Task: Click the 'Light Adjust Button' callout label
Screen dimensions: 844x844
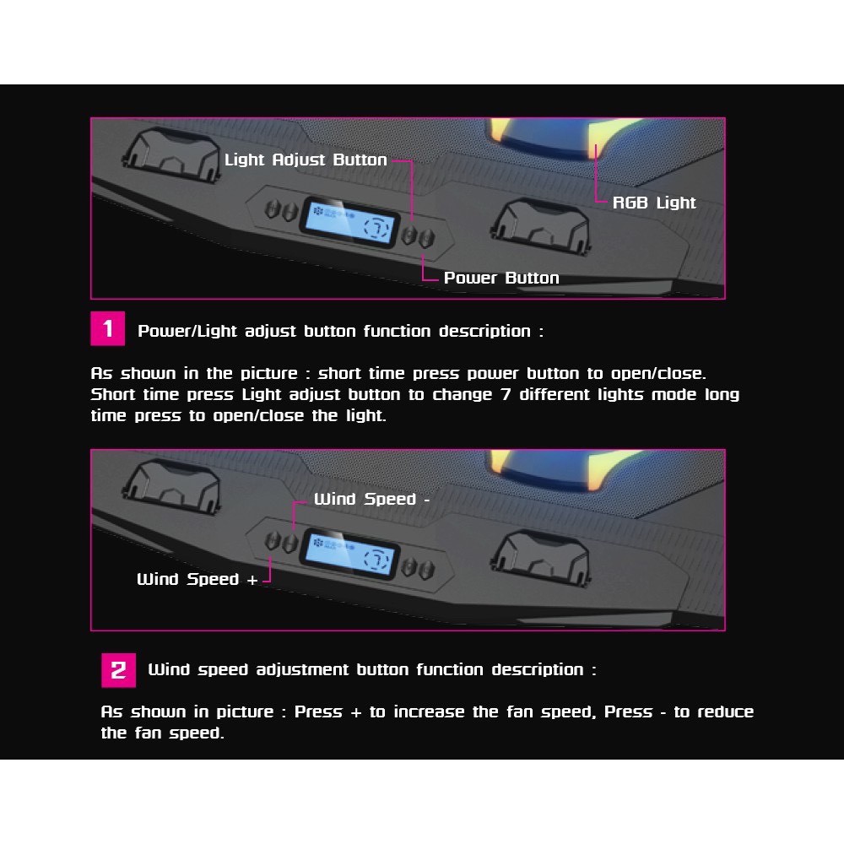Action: pyautogui.click(x=306, y=160)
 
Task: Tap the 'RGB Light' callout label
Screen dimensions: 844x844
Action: pyautogui.click(x=654, y=203)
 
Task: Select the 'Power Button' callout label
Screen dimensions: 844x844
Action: pyautogui.click(x=501, y=278)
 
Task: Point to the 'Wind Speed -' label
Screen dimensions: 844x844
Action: pyautogui.click(x=372, y=499)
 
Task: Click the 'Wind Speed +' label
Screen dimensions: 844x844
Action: pyautogui.click(x=197, y=579)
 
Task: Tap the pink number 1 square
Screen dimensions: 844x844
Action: pyautogui.click(x=108, y=328)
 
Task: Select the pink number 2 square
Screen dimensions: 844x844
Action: pyautogui.click(x=118, y=670)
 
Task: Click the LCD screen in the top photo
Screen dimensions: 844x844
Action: pyautogui.click(x=350, y=222)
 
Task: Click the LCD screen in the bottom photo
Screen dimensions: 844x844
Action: pyautogui.click(x=350, y=555)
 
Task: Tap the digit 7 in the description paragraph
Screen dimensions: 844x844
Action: pyautogui.click(x=506, y=394)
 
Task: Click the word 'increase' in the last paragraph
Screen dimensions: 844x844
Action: pyautogui.click(x=429, y=711)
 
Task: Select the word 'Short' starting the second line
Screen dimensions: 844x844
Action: pyautogui.click(x=113, y=394)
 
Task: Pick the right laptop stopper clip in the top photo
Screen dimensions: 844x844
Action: pyautogui.click(x=540, y=225)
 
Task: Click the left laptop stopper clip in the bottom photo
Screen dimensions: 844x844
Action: pyautogui.click(x=172, y=487)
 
